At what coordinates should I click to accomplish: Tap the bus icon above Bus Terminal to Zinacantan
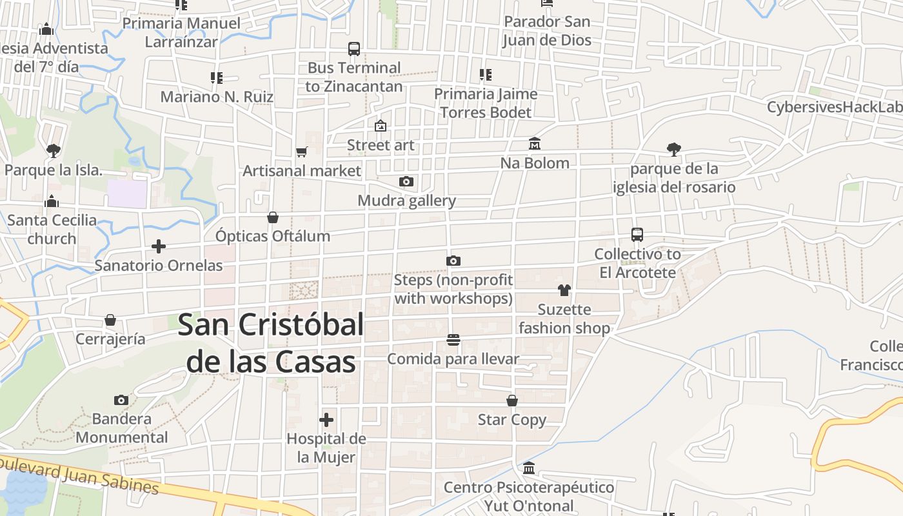(354, 49)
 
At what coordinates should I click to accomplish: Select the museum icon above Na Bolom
(535, 143)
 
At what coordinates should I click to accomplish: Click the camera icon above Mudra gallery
(406, 181)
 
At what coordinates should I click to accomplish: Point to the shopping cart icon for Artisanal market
(301, 152)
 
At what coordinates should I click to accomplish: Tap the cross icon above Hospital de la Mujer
(326, 421)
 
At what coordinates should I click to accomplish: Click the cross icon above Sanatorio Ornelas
(159, 246)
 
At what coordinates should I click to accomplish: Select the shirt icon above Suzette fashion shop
(564, 290)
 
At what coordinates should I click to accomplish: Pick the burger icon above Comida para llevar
(453, 340)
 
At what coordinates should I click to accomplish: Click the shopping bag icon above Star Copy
(512, 401)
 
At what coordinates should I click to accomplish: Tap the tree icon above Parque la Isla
(54, 151)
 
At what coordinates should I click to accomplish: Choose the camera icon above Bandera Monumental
(121, 400)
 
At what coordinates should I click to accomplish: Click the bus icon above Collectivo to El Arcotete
(637, 235)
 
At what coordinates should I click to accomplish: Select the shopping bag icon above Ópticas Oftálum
(273, 217)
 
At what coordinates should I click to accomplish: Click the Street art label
(381, 145)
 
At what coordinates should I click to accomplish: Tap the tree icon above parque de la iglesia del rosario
(674, 150)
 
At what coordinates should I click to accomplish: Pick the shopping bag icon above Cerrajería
(110, 320)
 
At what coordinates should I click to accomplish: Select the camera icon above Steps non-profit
(453, 261)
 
